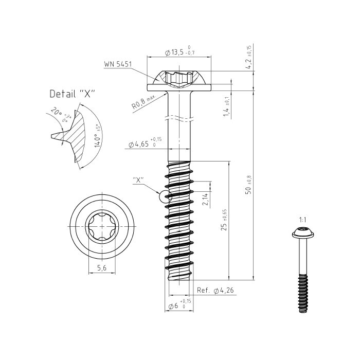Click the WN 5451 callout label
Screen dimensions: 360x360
[118, 64]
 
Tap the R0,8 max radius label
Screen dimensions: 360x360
[143, 104]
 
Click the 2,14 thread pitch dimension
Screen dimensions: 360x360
[206, 200]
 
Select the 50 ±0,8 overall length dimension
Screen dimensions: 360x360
[248, 185]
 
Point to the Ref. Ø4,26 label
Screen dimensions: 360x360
[215, 291]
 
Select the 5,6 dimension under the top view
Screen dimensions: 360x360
[102, 268]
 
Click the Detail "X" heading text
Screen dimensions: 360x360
[72, 94]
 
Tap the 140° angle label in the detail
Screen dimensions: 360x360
[96, 136]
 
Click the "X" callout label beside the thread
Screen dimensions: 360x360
[138, 180]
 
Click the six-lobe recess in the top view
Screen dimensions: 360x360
[102, 227]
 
